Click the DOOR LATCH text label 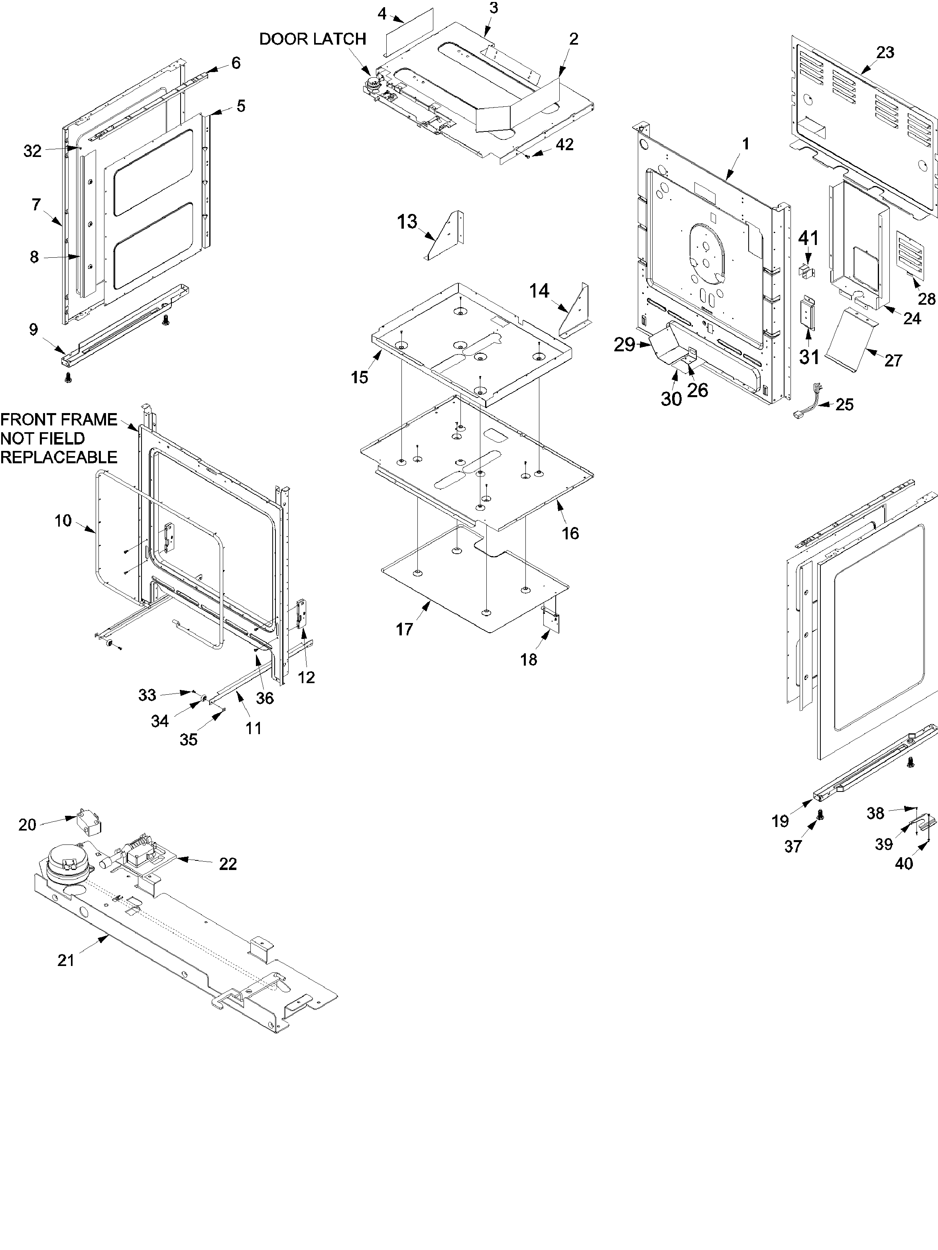(312, 39)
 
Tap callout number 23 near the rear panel (885, 53)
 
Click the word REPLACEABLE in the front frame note (59, 457)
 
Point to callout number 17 (404, 629)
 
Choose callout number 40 (903, 864)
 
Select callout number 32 (32, 151)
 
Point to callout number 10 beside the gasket (63, 521)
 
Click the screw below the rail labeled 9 (69, 378)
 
